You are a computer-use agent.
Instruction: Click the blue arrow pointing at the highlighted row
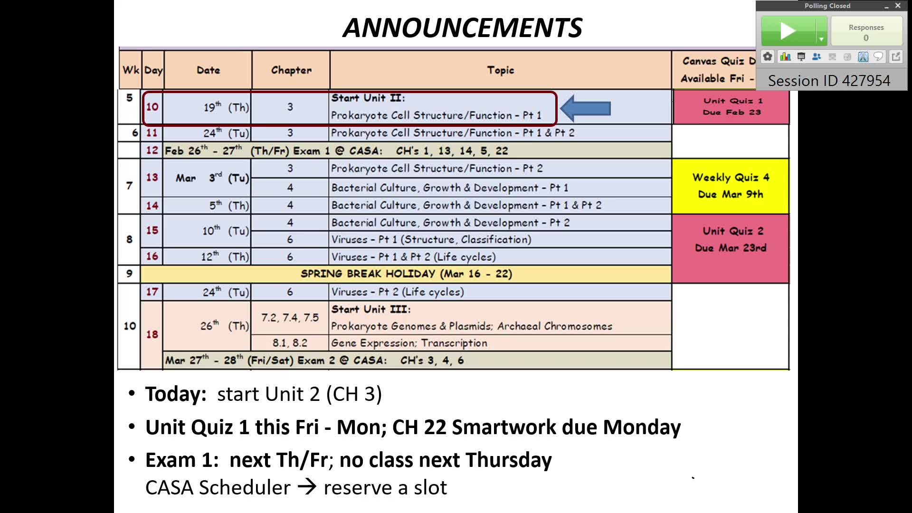point(585,108)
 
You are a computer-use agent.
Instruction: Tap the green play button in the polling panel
point(788,31)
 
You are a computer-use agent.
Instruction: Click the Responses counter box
point(866,32)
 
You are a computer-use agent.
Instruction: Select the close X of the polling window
point(898,6)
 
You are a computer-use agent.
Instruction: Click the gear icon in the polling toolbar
point(768,57)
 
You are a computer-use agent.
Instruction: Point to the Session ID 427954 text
point(829,81)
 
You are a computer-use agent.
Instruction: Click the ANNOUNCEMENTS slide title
point(462,28)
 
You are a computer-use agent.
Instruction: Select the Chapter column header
point(291,70)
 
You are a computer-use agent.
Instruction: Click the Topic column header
point(501,70)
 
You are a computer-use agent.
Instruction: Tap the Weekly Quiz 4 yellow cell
point(731,186)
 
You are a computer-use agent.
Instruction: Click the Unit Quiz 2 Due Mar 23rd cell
point(731,248)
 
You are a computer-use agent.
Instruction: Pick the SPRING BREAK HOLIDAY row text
point(406,274)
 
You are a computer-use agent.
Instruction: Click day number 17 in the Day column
point(152,292)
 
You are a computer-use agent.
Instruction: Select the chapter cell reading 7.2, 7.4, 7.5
point(290,318)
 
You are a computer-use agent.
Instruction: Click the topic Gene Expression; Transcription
point(409,343)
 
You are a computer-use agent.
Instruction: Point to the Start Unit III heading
point(371,309)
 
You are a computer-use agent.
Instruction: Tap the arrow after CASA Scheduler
point(307,487)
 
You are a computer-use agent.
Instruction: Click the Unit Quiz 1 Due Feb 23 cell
point(731,107)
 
